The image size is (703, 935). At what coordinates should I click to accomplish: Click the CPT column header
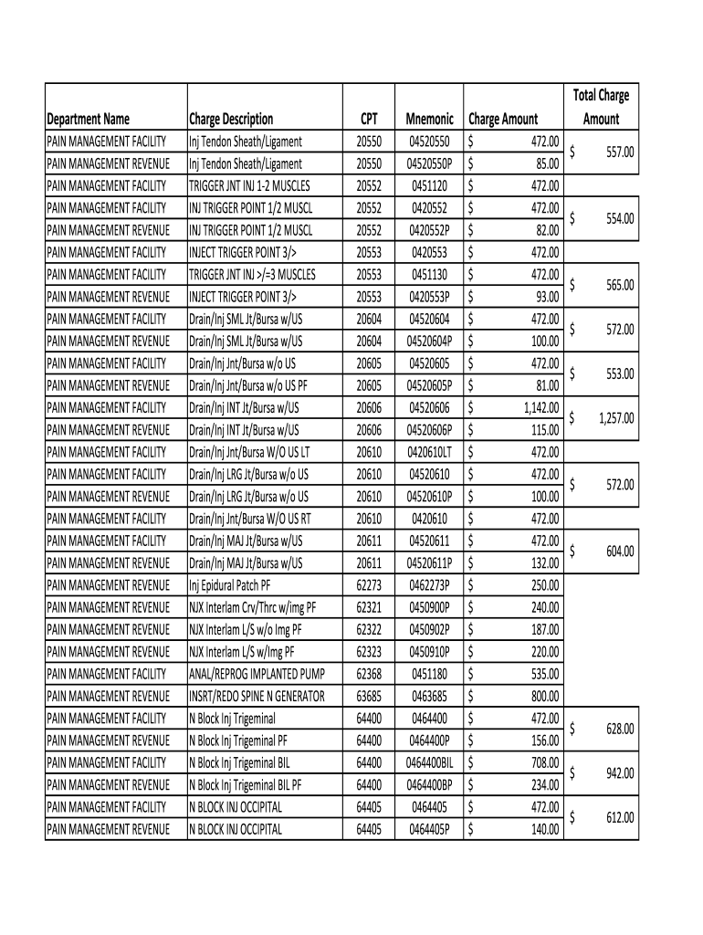(369, 119)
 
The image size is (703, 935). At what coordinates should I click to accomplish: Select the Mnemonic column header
(429, 119)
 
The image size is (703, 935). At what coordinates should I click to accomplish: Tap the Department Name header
(89, 119)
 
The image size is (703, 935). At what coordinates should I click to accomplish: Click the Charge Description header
(231, 119)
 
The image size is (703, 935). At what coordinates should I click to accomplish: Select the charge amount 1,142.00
(540, 407)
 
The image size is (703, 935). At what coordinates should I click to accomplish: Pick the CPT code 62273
(369, 585)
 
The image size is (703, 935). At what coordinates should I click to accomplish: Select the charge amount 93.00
(548, 297)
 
